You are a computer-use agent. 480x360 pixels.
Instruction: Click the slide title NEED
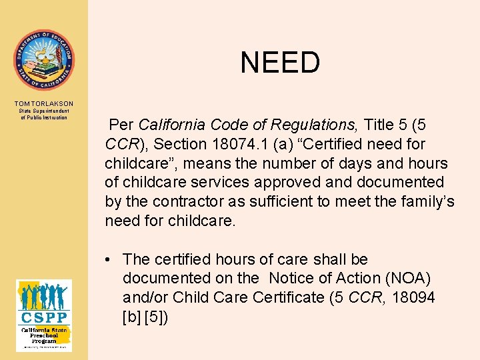point(280,63)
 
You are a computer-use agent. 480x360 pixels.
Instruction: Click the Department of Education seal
point(44,60)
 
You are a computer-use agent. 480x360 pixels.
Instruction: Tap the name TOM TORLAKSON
point(44,103)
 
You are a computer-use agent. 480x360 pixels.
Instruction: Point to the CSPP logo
point(44,315)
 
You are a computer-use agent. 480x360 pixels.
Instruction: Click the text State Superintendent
point(44,111)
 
